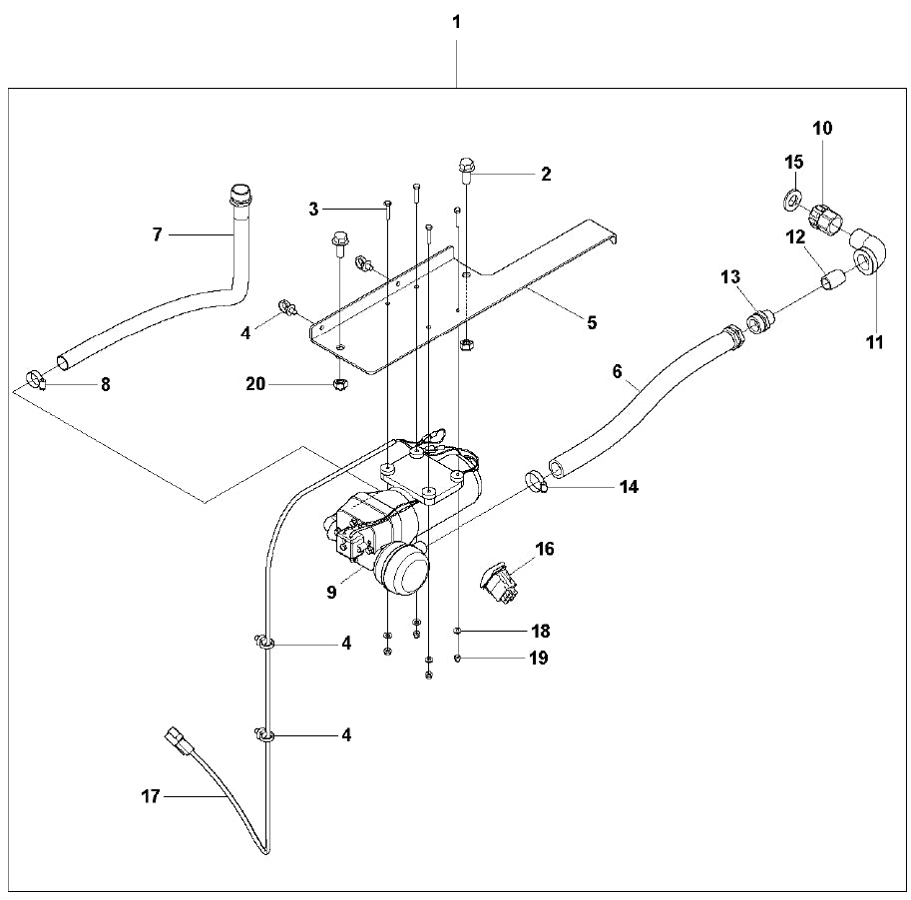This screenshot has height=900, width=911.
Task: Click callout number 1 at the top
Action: pyautogui.click(x=457, y=21)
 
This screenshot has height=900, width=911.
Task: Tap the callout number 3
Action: pyautogui.click(x=313, y=209)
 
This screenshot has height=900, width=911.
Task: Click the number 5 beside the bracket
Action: pyautogui.click(x=592, y=322)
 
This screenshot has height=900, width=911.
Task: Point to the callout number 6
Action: pyautogui.click(x=617, y=372)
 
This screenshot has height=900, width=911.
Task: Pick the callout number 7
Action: pyautogui.click(x=157, y=234)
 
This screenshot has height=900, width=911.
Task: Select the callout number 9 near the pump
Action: pyautogui.click(x=331, y=591)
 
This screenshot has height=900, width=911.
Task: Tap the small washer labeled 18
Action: pyautogui.click(x=457, y=631)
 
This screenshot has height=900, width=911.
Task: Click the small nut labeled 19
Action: pyautogui.click(x=457, y=658)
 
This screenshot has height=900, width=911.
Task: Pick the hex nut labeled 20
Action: pyautogui.click(x=338, y=382)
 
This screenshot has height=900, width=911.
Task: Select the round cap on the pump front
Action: pyautogui.click(x=402, y=572)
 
